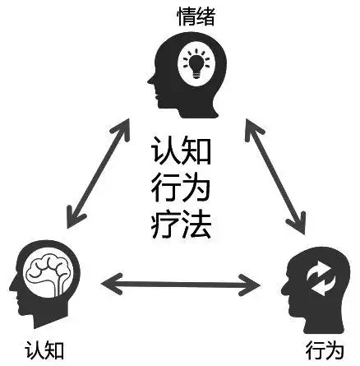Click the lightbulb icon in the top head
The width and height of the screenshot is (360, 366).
(197, 63)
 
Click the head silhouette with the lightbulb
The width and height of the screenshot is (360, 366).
(185, 74)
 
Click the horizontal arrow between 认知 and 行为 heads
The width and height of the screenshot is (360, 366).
(180, 285)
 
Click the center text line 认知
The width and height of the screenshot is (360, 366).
(181, 153)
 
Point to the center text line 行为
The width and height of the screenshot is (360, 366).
(181, 188)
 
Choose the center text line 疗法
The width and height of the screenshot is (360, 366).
(181, 224)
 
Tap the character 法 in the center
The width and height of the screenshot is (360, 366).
(198, 224)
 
